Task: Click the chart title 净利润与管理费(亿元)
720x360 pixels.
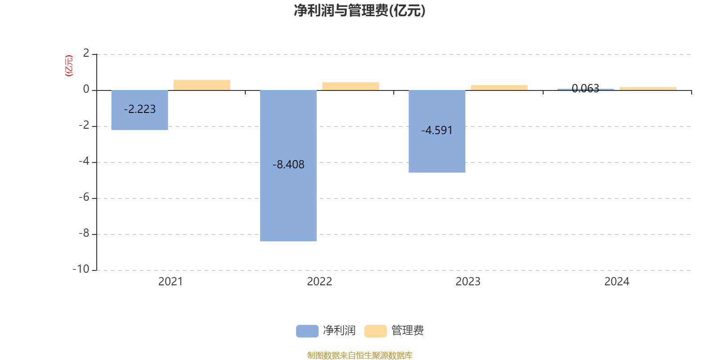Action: (360, 10)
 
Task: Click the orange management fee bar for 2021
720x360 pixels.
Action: (202, 85)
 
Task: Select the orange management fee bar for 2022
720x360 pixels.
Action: (351, 86)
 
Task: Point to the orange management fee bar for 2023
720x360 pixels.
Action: (499, 88)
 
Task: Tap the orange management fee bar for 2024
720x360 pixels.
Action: (648, 89)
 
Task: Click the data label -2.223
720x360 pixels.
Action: (139, 109)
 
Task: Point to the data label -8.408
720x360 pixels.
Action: (288, 165)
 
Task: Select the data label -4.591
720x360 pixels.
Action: (437, 130)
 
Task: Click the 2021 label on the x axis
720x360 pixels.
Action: (171, 282)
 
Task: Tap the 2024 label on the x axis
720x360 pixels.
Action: (616, 282)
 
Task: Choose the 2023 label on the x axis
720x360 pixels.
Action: (468, 282)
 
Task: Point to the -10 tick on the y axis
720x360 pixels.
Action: (81, 269)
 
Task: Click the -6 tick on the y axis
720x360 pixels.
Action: (84, 197)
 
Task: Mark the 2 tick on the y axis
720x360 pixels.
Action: (86, 53)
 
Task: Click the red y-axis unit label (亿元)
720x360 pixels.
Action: (69, 66)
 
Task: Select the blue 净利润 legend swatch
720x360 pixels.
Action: (307, 331)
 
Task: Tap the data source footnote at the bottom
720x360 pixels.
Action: (360, 355)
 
